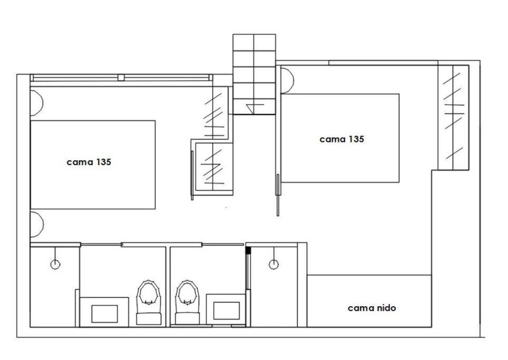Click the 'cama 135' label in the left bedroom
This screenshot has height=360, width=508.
(x=89, y=162)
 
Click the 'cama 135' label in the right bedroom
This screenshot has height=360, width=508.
(x=342, y=139)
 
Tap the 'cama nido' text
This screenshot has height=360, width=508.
(x=372, y=308)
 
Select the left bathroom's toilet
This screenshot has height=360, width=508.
(x=149, y=302)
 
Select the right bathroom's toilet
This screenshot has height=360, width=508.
(x=187, y=302)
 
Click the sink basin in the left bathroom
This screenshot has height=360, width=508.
(x=104, y=314)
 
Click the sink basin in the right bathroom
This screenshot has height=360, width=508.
(x=227, y=311)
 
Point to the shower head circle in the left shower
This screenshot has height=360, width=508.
(x=55, y=265)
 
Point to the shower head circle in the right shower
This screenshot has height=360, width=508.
(x=274, y=265)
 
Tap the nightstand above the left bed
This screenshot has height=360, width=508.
(x=36, y=103)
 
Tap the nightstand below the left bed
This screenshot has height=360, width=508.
(x=37, y=225)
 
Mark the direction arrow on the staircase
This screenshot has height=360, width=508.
(x=255, y=107)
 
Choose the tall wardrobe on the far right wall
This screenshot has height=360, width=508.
(x=453, y=117)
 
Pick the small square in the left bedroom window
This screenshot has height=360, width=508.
(x=121, y=77)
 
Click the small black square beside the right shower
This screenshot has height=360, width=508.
(x=248, y=250)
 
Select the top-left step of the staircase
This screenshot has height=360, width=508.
(x=243, y=43)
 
